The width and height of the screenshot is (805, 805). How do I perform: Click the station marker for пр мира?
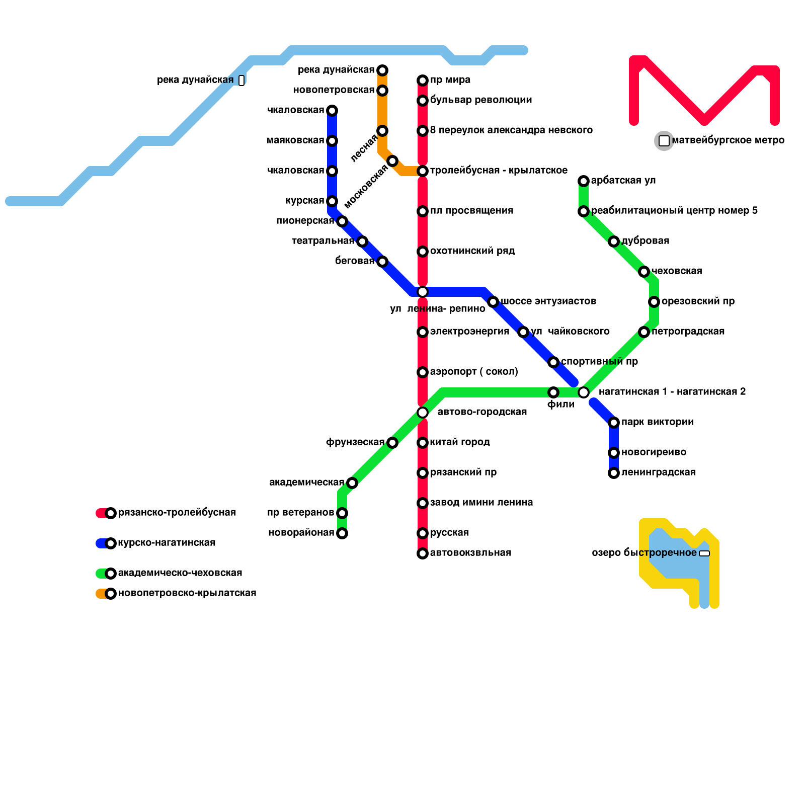(423, 80)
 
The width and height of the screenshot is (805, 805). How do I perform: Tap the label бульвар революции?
(481, 100)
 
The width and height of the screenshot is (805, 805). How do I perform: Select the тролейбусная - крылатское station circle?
(423, 171)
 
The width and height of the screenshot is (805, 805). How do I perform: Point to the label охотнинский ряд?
(472, 251)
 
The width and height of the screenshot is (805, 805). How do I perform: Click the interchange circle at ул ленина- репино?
(423, 292)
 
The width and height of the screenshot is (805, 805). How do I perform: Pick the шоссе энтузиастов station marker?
(493, 302)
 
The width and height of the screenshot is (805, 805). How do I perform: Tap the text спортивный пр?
(599, 362)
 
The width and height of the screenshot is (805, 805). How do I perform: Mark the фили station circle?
(553, 392)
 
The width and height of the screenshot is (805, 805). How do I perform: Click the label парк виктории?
(657, 422)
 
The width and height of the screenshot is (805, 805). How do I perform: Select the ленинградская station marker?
(614, 473)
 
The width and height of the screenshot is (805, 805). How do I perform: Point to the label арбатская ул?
(623, 181)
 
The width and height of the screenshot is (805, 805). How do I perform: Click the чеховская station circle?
(644, 272)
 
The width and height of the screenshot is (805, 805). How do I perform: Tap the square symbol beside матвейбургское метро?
(664, 141)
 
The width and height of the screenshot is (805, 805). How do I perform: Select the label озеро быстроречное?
(644, 553)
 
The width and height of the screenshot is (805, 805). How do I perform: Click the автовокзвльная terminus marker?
(423, 553)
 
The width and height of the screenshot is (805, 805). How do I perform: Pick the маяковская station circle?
(332, 141)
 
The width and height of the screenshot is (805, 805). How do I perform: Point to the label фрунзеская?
(355, 442)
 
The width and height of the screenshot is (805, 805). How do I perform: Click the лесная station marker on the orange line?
(382, 131)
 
